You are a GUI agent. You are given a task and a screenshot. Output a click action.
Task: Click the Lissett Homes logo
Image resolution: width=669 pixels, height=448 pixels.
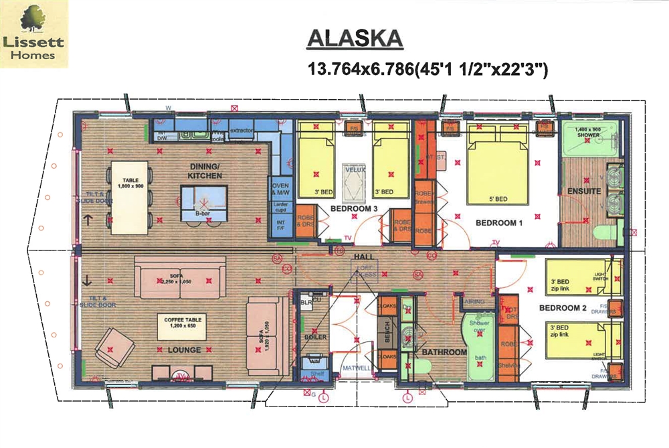(x=37, y=35)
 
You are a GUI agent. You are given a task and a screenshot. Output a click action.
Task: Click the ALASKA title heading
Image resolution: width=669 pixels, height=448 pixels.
(x=355, y=38)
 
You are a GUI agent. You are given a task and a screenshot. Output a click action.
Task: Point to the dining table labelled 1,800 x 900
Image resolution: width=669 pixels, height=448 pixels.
(x=129, y=197)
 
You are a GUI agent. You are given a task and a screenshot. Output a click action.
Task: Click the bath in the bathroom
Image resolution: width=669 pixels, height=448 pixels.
(x=479, y=347)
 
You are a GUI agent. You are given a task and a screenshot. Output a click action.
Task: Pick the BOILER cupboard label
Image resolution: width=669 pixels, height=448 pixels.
(x=315, y=337)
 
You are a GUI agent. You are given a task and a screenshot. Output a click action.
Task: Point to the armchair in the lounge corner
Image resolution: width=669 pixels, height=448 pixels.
(x=110, y=348)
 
